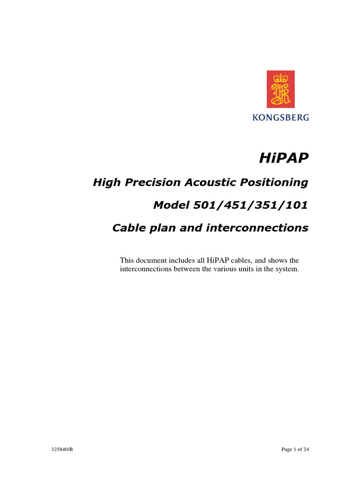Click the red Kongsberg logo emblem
click(x=281, y=89)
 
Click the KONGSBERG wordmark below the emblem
click(x=281, y=118)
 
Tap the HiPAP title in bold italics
click(x=284, y=158)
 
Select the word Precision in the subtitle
click(x=152, y=182)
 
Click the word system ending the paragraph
click(x=287, y=270)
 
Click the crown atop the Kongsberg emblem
click(x=281, y=77)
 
